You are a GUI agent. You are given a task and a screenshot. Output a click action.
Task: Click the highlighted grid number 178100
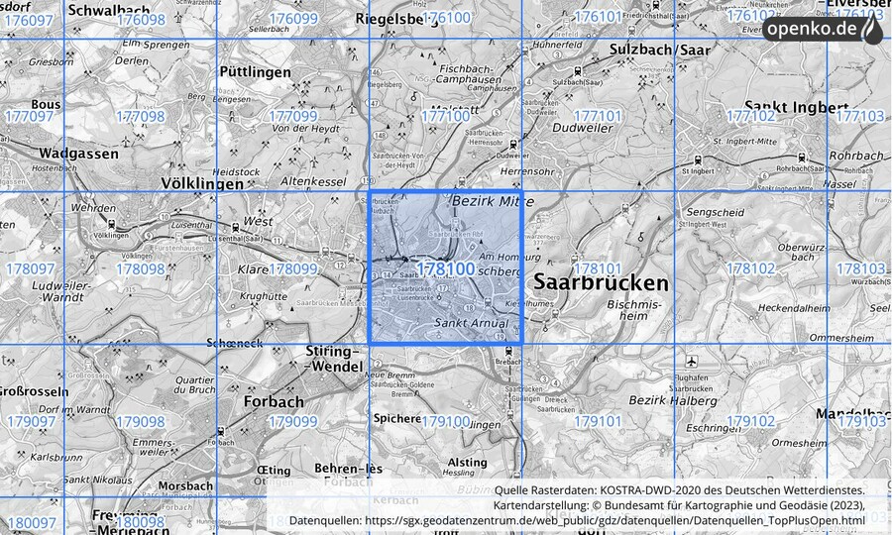pos(445,268)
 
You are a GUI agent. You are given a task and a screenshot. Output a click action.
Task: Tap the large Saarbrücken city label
pos(601,282)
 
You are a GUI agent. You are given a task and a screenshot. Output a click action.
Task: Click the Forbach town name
pos(273,402)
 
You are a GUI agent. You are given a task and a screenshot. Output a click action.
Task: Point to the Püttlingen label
pos(256,72)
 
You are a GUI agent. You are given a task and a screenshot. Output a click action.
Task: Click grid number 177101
pos(598,116)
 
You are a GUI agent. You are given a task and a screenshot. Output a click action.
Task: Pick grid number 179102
pos(750,422)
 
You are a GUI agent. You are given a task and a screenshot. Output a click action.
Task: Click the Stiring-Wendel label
pos(330,360)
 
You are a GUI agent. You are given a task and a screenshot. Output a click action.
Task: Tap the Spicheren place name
pos(396,418)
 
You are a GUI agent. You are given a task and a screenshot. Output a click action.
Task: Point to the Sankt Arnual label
pos(471,323)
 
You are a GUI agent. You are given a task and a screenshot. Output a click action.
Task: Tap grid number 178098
pos(140,268)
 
